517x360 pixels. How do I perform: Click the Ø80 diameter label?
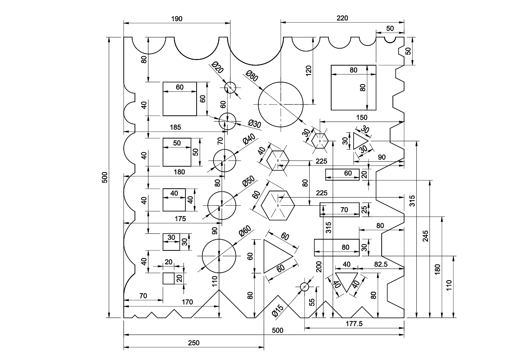252,76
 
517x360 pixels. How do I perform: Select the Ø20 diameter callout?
217,67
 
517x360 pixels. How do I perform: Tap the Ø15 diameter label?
278,311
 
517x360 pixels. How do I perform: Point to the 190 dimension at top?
177,19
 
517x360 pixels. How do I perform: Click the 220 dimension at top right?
342,18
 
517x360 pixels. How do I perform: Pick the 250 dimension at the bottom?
194,343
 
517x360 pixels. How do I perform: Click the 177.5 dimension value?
354,324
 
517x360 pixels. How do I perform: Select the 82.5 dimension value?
381,264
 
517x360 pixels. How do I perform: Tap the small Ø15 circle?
305,287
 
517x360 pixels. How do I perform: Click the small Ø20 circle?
230,88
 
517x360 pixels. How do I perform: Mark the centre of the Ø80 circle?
281,105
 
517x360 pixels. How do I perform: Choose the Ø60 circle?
219,239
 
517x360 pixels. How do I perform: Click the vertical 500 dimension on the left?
105,177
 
